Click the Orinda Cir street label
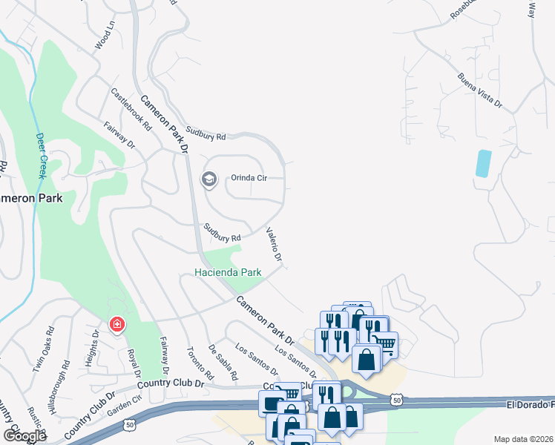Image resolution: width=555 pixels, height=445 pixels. click(x=249, y=178)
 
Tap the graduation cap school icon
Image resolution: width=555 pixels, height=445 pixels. click(x=209, y=179)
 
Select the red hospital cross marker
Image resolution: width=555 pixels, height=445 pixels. click(x=116, y=325)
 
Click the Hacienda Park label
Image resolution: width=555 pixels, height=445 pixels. click(x=229, y=272)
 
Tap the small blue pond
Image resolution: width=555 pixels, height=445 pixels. click(x=483, y=163)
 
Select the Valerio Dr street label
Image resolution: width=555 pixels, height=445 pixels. click(x=274, y=244)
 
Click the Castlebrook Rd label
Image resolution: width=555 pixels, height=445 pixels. click(x=131, y=108)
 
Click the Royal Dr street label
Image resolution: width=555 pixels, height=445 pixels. click(x=134, y=364)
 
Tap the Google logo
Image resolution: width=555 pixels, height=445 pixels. click(x=24, y=436)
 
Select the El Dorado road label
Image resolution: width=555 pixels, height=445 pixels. click(x=531, y=405)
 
